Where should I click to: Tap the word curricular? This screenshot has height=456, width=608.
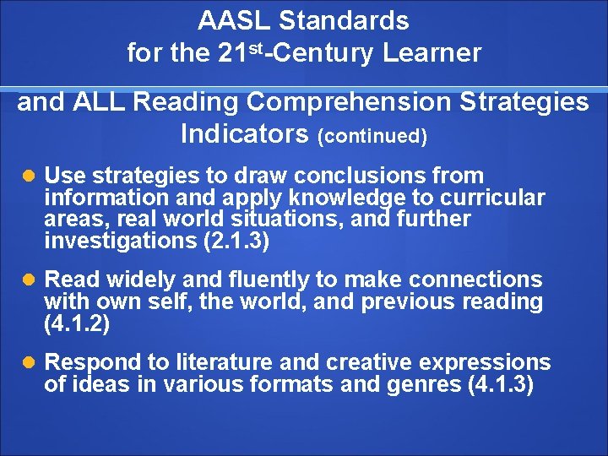click(493, 198)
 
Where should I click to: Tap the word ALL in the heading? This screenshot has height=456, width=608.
click(100, 102)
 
